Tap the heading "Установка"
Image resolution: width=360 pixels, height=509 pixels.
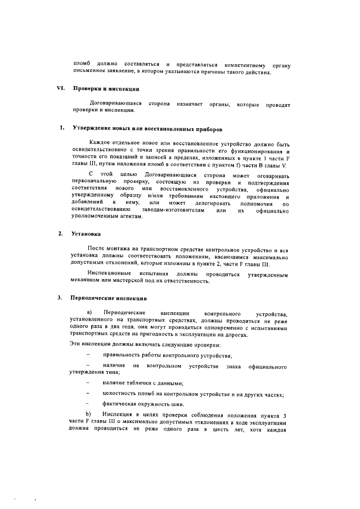click(84, 233)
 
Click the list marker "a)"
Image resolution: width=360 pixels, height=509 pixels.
click(88, 312)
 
